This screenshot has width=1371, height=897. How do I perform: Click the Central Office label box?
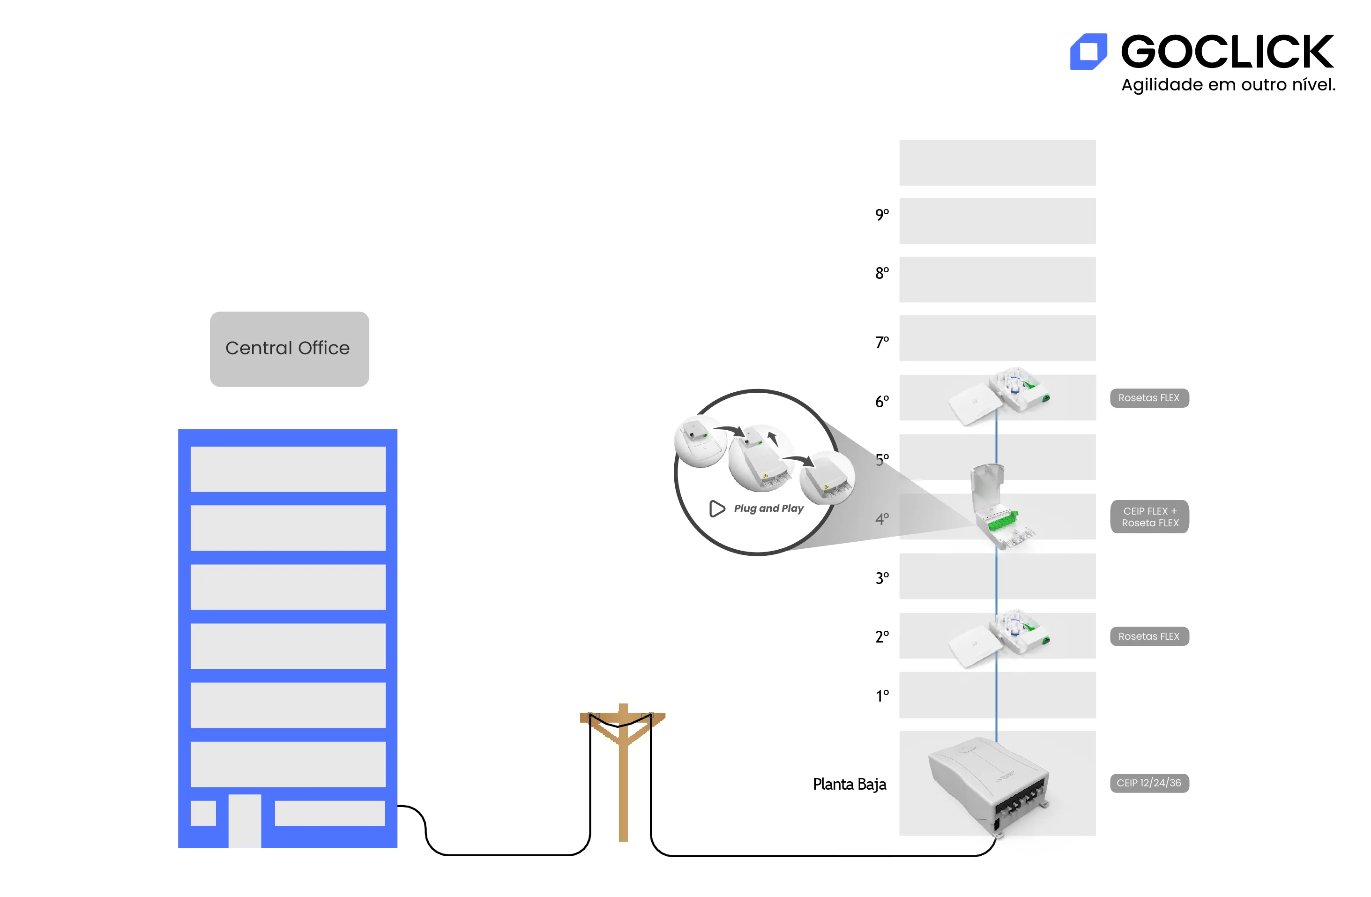(289, 349)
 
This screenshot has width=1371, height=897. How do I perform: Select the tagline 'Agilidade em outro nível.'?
(1228, 85)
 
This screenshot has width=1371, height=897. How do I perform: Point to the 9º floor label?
(881, 214)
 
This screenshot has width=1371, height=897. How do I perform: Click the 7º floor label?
(881, 342)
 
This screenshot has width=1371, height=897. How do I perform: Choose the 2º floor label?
(881, 636)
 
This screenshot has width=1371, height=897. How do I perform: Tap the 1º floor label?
(882, 696)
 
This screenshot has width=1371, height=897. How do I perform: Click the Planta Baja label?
(849, 784)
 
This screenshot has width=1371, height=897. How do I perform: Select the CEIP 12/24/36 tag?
(1148, 783)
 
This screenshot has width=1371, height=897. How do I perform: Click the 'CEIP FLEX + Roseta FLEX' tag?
(1149, 517)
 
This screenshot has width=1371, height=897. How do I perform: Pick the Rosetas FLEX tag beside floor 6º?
(1148, 398)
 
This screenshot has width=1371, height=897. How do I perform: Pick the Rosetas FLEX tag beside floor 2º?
(1148, 636)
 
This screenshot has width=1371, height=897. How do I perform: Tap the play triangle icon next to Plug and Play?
(716, 508)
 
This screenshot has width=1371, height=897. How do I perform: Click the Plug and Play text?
(768, 508)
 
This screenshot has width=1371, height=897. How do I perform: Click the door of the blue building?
(244, 821)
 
